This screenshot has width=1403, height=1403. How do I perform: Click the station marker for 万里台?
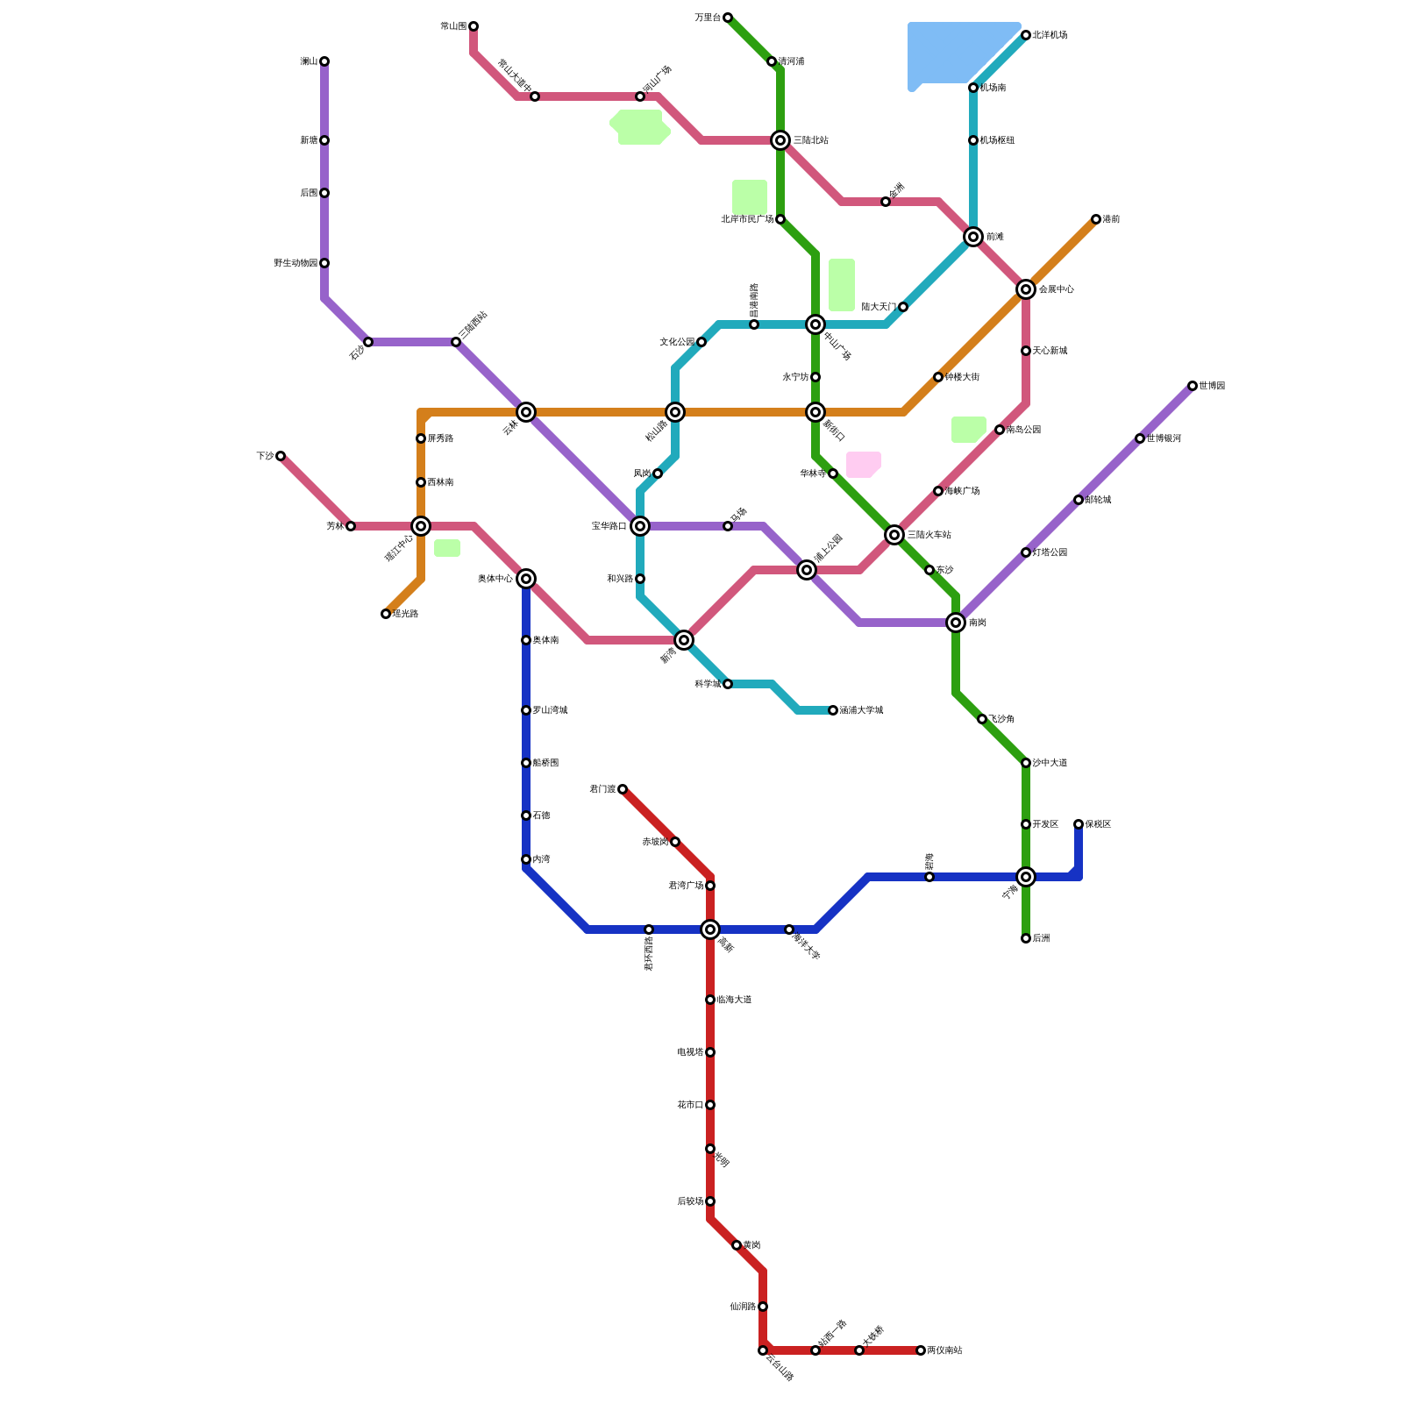[728, 18]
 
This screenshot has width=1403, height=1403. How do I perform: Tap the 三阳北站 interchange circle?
[780, 140]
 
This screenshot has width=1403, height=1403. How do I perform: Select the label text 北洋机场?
[1050, 35]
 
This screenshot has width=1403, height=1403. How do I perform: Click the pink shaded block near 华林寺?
[863, 464]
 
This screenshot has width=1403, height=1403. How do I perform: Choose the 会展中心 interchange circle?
[1026, 289]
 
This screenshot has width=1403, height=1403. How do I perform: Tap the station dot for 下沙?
[281, 456]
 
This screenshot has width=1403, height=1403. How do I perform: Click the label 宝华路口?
[609, 526]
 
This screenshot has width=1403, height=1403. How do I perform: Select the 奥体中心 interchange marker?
[526, 579]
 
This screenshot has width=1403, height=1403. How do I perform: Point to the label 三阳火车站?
[929, 535]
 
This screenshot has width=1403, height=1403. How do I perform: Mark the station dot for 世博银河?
[1140, 438]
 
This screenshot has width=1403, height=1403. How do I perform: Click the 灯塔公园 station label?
[1050, 552]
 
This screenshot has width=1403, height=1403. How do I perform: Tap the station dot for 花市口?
[710, 1105]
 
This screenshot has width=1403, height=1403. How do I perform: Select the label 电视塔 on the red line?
[690, 1052]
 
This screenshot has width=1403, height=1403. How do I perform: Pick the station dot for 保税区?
[1079, 824]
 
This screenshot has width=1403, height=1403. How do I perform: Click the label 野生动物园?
[296, 263]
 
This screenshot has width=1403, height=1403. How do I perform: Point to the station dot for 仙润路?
[763, 1307]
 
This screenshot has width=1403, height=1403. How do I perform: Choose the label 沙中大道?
[1050, 763]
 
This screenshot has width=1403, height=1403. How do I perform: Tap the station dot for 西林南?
[421, 482]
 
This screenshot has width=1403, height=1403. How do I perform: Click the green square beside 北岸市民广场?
[750, 197]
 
